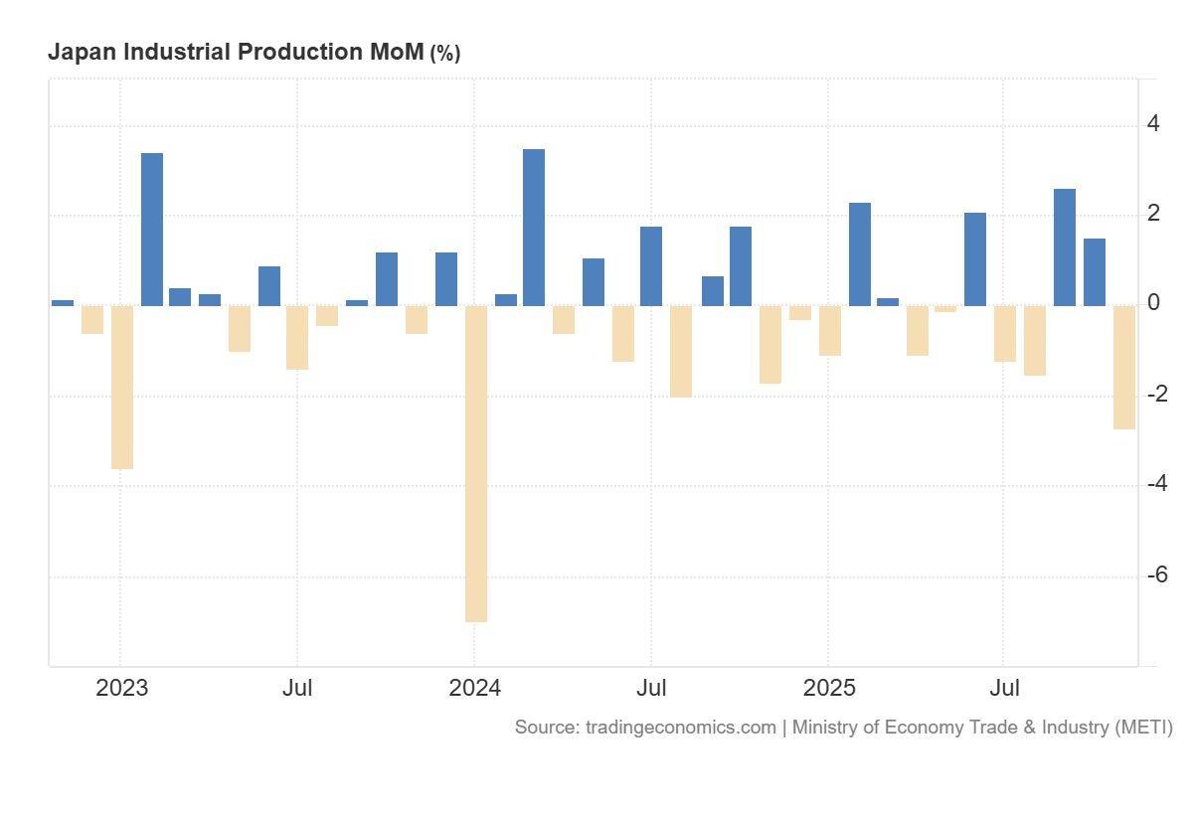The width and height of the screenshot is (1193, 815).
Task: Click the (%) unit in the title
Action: click(x=444, y=53)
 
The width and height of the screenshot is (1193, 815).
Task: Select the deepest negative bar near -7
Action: click(x=476, y=463)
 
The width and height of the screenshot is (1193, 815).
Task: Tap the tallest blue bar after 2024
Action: click(x=534, y=228)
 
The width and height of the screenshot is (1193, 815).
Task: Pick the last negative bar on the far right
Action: click(x=1124, y=367)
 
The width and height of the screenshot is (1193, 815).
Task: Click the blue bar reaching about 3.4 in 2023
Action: click(x=152, y=230)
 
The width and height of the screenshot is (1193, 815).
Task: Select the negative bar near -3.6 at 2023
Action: click(x=122, y=387)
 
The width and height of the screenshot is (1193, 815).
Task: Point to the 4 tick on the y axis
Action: click(x=1153, y=124)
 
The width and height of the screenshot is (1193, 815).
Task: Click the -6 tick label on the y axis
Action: click(x=1156, y=575)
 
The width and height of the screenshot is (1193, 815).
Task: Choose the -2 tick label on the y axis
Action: click(x=1156, y=395)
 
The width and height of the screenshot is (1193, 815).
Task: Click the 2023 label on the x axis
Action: click(x=121, y=688)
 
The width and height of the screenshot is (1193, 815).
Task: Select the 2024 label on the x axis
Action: click(x=474, y=688)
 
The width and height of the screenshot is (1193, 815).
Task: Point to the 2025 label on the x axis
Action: click(x=829, y=688)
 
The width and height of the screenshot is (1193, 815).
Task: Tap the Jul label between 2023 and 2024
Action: click(x=297, y=688)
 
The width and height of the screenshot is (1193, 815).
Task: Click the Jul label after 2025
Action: click(x=1006, y=688)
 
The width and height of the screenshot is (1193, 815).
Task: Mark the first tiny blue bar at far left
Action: click(x=63, y=302)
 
